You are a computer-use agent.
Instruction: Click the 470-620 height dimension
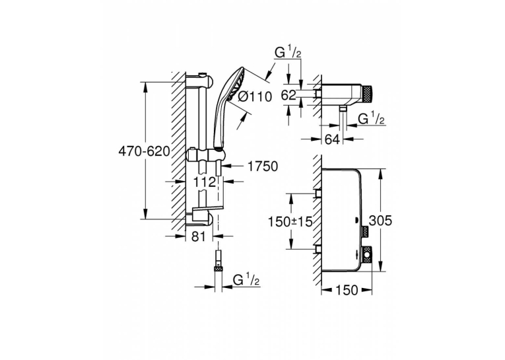coord(144,151)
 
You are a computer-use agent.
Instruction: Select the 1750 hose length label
coord(263,166)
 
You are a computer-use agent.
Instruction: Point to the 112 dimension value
coord(204,182)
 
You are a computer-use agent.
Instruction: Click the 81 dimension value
coord(199,236)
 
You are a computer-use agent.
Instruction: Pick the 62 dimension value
coord(288,95)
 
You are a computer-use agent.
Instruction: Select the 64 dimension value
coord(332,139)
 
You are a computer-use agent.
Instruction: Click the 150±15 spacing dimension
coord(291,221)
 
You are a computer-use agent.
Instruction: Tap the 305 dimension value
coord(380,221)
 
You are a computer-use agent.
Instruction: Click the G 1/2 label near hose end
coord(246,280)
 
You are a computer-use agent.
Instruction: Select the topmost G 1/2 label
coord(288,53)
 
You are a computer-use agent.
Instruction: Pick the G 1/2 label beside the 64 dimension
coord(372,119)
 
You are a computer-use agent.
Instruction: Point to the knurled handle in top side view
coord(367,92)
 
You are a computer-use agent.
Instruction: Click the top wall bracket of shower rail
coord(199,81)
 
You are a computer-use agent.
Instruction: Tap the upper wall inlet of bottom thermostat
coord(318,194)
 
